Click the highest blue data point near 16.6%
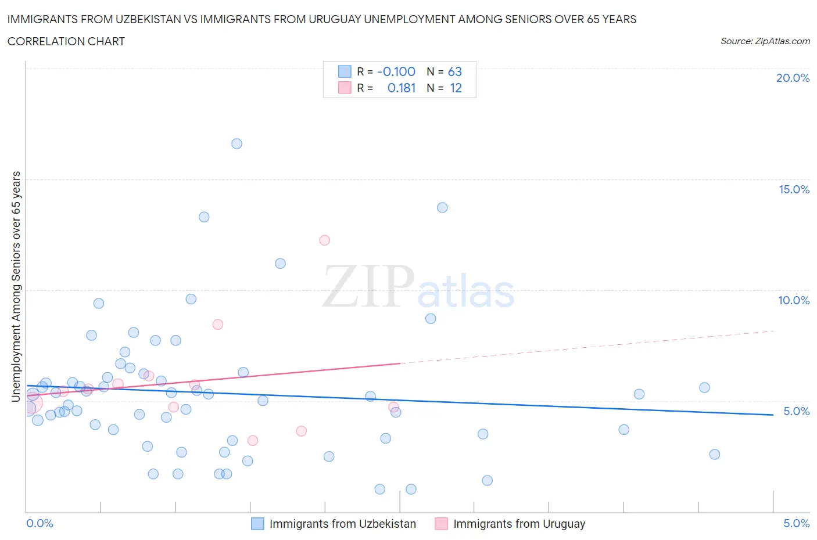236,144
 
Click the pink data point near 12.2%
325,240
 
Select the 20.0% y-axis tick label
793,78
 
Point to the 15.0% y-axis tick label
794,190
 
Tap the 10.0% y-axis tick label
794,301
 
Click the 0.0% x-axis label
40,524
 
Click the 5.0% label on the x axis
796,524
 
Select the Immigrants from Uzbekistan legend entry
342,524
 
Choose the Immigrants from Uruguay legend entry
519,524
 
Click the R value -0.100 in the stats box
396,72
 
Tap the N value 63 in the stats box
454,72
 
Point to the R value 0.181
402,88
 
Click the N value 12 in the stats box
456,88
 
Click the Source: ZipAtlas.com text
765,41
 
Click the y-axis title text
16,287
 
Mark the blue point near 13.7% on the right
442,208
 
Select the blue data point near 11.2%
280,264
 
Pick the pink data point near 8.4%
218,325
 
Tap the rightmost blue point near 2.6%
715,455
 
